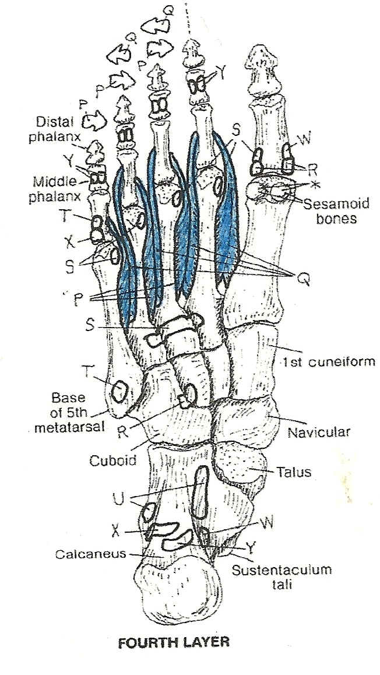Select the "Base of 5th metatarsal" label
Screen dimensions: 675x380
[76, 412]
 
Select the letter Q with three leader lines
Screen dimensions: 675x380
[302, 280]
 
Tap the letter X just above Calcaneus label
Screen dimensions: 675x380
[117, 530]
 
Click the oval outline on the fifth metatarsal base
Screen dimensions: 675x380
[119, 390]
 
